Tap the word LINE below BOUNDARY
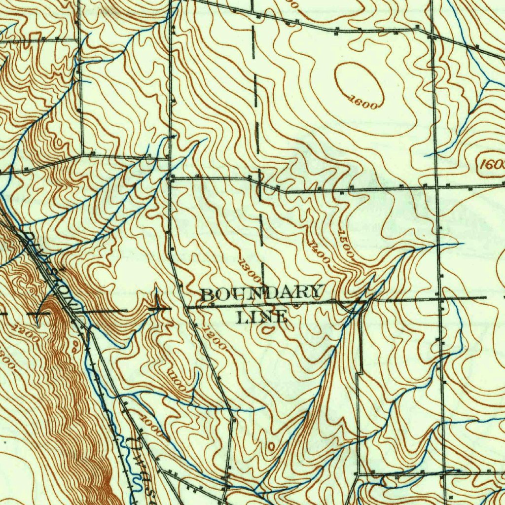261,317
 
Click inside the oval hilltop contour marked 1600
359,81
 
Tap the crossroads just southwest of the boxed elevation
437,187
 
